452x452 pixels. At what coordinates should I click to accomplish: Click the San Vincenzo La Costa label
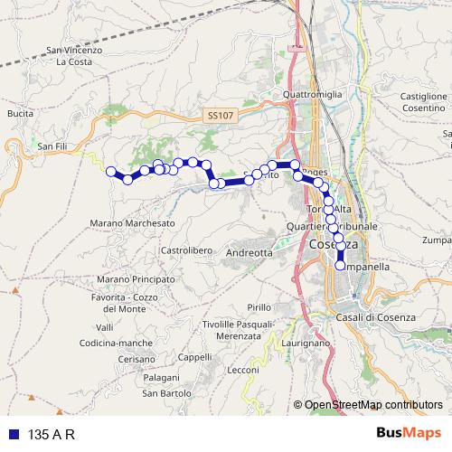coord(80,56)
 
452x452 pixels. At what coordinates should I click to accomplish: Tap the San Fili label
coord(47,143)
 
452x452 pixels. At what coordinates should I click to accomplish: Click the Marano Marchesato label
coord(133,222)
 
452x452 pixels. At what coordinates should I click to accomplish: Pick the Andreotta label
coord(250,253)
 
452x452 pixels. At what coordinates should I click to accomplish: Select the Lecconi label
coord(244,370)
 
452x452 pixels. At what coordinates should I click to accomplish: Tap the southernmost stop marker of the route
coord(340,266)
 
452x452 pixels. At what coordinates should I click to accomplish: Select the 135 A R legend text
coord(52,434)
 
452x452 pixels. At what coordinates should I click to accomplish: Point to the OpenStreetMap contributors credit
coord(372,406)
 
